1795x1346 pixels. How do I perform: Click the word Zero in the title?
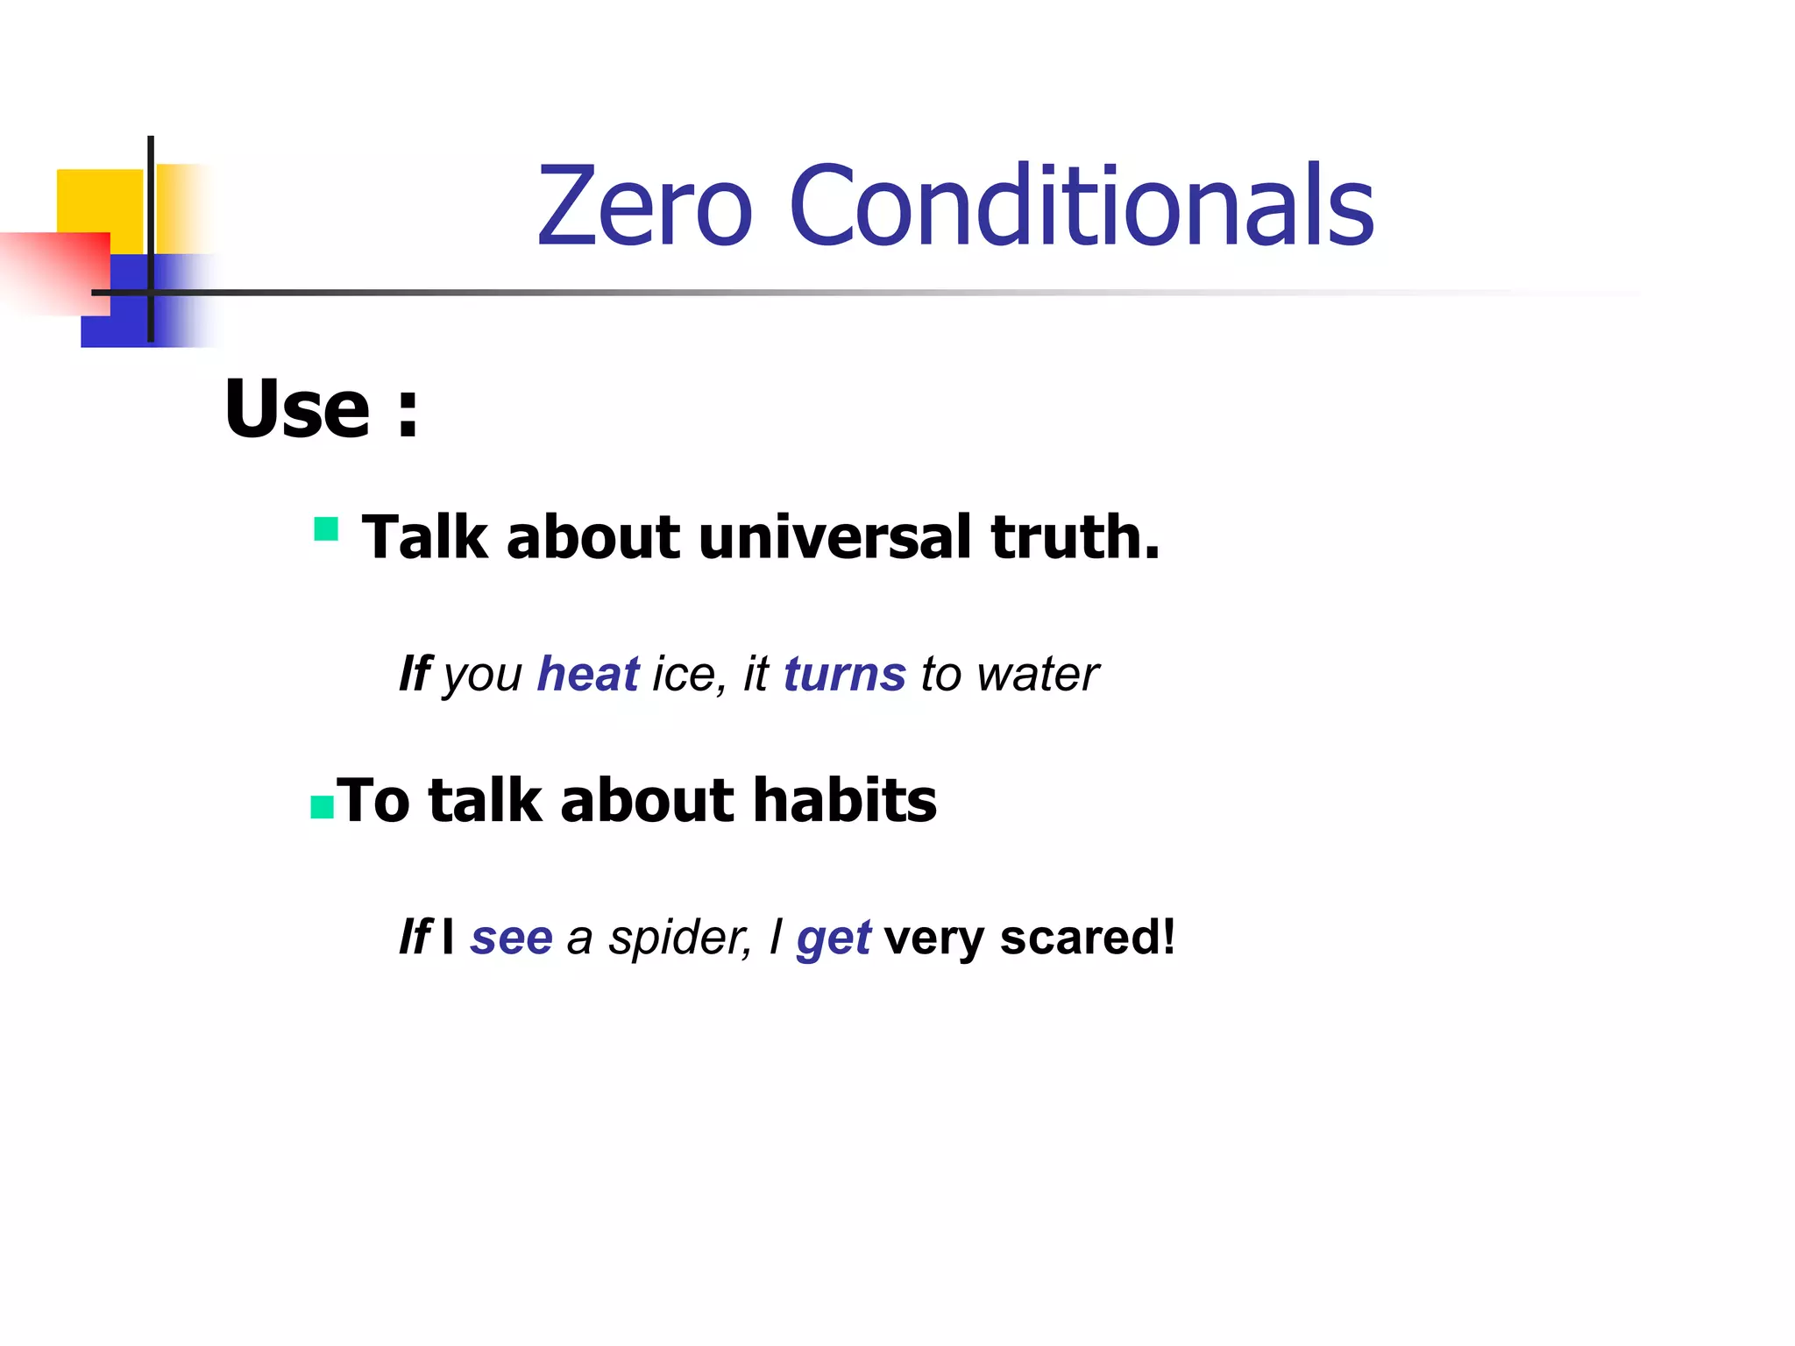(x=644, y=206)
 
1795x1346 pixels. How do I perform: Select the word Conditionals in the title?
(x=1081, y=206)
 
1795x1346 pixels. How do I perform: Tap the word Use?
(x=298, y=409)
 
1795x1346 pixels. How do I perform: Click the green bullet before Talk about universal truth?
(x=326, y=529)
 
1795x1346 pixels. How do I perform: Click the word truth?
(x=1075, y=537)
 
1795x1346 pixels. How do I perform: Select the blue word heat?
(x=588, y=674)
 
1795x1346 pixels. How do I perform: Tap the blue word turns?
(x=844, y=674)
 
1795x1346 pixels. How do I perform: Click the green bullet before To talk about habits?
(x=323, y=807)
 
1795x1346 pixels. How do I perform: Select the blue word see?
(x=512, y=938)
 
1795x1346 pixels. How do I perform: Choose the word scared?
(x=1087, y=937)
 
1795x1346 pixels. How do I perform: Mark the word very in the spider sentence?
(x=934, y=938)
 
